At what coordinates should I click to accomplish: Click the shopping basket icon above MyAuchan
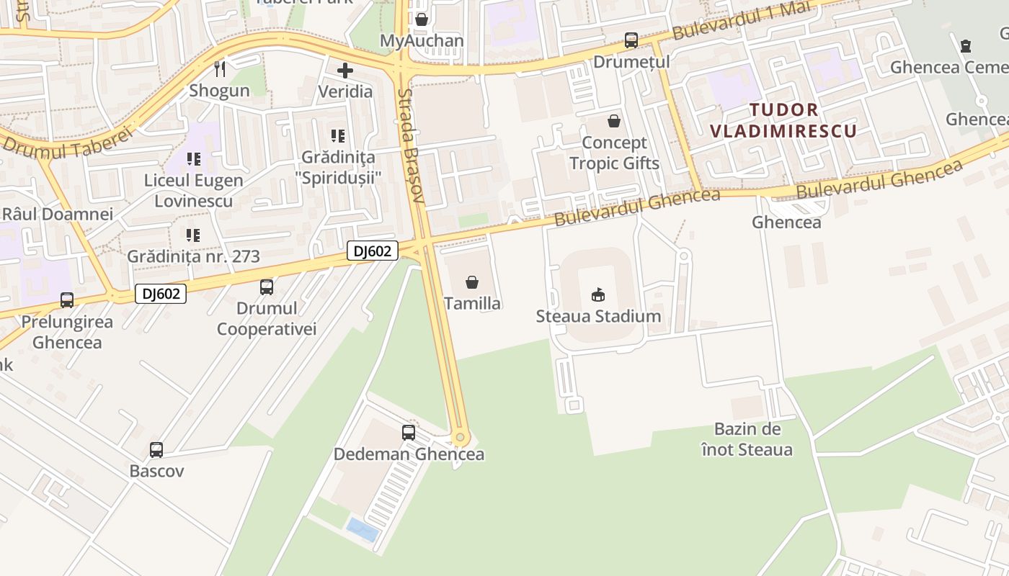click(x=422, y=19)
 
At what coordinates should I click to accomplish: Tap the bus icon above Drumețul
click(x=631, y=40)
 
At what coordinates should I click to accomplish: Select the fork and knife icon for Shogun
click(x=220, y=69)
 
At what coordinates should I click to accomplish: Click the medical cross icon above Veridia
click(x=345, y=71)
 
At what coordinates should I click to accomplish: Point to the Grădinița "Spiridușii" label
click(x=338, y=166)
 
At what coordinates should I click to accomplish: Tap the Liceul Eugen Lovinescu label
click(x=194, y=190)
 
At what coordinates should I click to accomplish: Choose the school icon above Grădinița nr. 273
click(x=193, y=235)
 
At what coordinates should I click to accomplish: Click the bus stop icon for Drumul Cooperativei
click(x=267, y=287)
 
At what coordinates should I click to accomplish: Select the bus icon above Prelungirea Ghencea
click(x=67, y=300)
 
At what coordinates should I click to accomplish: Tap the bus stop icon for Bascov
click(x=156, y=450)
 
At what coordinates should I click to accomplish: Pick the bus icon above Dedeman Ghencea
click(x=409, y=433)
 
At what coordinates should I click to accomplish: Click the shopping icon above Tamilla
click(x=472, y=282)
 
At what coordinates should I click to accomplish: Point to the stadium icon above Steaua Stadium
click(x=598, y=294)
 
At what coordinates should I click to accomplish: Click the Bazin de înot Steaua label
click(x=747, y=439)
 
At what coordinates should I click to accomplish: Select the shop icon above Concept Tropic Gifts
click(x=614, y=121)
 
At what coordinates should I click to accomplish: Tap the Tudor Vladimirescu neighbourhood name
click(x=783, y=120)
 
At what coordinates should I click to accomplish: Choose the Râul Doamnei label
click(x=58, y=215)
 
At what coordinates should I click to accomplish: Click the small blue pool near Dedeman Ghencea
click(x=363, y=530)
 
